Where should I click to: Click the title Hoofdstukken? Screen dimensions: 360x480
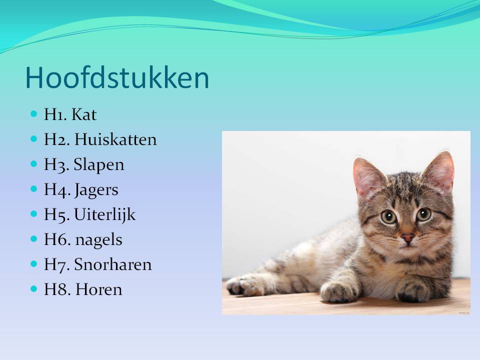coord(117,78)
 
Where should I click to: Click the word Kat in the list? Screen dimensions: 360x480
coord(84,115)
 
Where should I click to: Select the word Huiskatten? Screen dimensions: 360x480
coord(115,140)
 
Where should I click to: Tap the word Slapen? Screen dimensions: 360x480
coord(99,165)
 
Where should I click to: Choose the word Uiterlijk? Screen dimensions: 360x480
coord(104,215)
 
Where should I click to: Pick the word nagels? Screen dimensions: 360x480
coord(98,240)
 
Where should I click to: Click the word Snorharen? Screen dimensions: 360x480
coord(112,265)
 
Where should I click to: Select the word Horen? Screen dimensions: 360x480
coord(98,290)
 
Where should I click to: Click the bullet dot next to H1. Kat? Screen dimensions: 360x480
coord(34,114)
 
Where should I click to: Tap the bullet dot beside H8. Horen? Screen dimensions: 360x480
coord(34,289)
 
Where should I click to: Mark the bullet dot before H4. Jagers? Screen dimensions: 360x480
coord(34,189)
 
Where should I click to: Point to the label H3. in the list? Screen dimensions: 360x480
coord(56,165)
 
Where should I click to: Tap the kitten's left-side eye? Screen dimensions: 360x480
coord(388,217)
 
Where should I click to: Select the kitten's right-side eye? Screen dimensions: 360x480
coord(424,214)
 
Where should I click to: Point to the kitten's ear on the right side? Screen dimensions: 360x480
coord(439,170)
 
